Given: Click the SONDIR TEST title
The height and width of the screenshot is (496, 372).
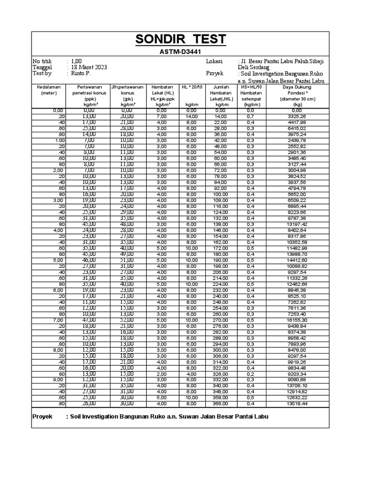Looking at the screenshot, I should pyautogui.click(x=180, y=40).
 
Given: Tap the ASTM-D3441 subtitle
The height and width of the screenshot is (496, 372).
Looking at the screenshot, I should pyautogui.click(x=180, y=51).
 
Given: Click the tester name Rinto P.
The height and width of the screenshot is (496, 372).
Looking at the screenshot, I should pyautogui.click(x=80, y=74).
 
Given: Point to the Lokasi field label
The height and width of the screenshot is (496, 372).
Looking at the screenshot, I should pyautogui.click(x=214, y=62).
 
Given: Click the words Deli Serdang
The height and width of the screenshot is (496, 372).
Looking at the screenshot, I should pyautogui.click(x=254, y=67).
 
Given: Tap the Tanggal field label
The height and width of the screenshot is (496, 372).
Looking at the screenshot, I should pyautogui.click(x=42, y=67).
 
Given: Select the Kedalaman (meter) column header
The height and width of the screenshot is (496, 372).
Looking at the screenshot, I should pyautogui.click(x=49, y=90).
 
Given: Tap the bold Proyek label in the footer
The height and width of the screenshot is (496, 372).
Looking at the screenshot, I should pyautogui.click(x=42, y=417).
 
